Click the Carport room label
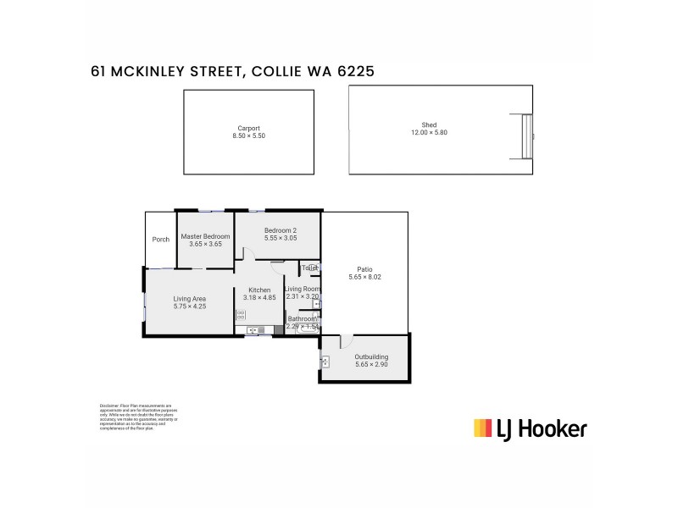pos(249,127)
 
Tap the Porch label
pos(160,240)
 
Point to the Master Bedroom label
pos(205,236)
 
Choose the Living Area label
pos(190,298)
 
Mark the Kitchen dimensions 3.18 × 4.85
pos(259,298)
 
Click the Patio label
pos(364,269)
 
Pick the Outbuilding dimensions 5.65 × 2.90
pos(371,365)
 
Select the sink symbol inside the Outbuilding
pos(325,362)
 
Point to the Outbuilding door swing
pos(347,340)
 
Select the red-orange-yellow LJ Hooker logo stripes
pos(482,428)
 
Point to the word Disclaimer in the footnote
pos(110,405)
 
